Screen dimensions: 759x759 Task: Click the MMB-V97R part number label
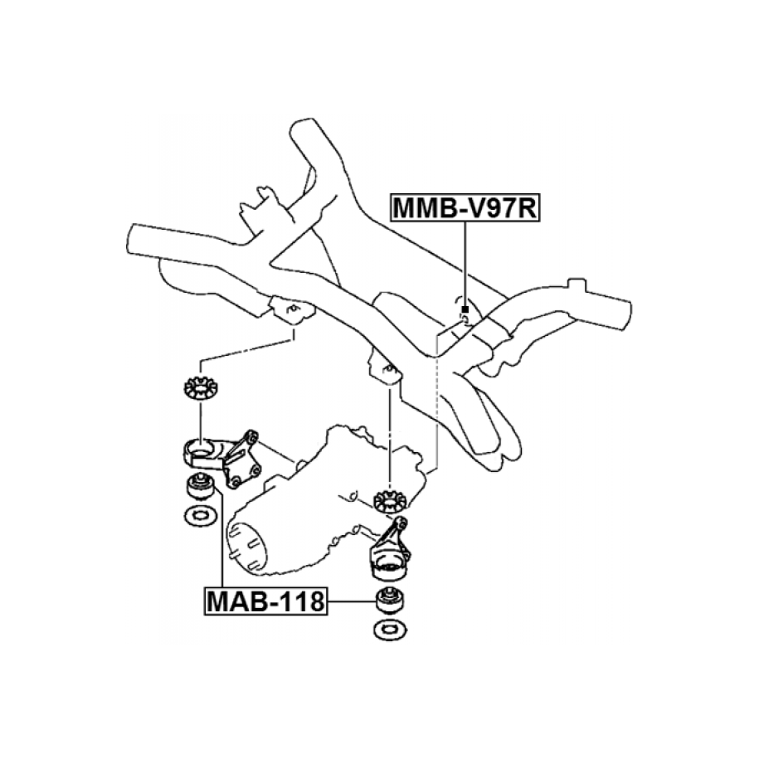(x=465, y=208)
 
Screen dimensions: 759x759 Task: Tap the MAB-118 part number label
(x=265, y=600)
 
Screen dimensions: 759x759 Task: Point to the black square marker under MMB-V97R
(x=465, y=309)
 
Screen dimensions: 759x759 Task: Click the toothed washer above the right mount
(x=388, y=501)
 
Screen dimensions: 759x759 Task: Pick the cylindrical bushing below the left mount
(x=199, y=485)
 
